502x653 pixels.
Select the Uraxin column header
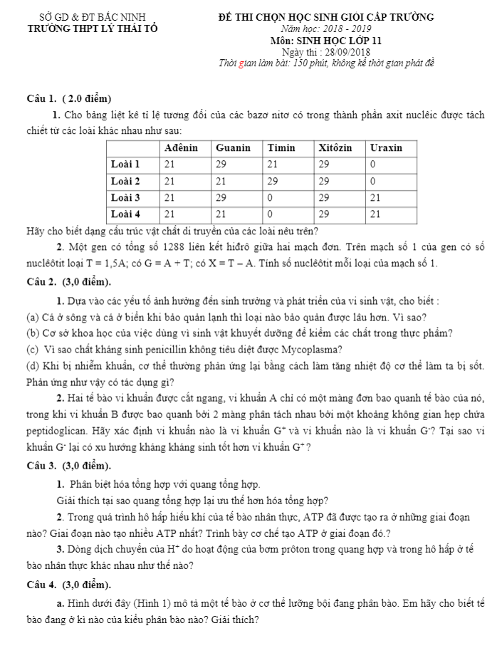click(x=387, y=148)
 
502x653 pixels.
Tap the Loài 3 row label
click(x=125, y=197)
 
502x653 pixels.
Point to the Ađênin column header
click(x=181, y=148)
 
